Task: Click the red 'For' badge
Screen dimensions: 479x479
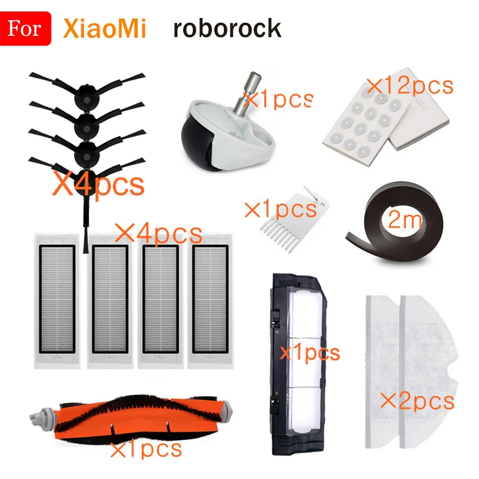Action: [x=26, y=28]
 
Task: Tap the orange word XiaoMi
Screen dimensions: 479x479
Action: [x=104, y=28]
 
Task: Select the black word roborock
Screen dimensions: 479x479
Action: [x=227, y=28]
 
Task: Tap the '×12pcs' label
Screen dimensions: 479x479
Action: [x=410, y=86]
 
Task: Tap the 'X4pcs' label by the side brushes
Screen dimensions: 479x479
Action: [x=99, y=184]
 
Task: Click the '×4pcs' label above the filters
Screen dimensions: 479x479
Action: [x=159, y=233]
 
